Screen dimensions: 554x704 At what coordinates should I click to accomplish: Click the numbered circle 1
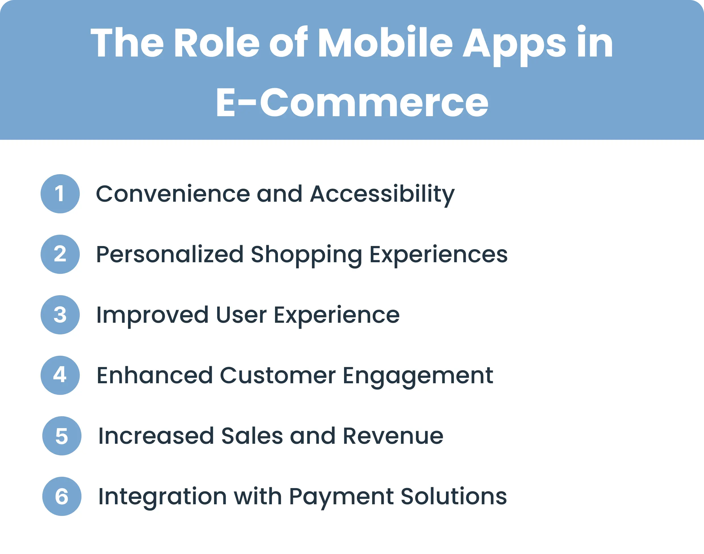tap(60, 194)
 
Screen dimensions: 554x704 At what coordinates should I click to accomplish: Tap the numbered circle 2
tap(60, 254)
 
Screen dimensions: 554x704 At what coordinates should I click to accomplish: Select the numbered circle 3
tap(60, 315)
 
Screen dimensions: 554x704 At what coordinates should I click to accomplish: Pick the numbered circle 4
tap(60, 375)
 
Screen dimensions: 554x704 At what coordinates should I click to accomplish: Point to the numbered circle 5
tap(62, 436)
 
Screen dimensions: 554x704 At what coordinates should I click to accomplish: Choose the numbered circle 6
tap(62, 496)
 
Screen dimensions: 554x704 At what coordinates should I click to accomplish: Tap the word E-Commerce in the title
tap(352, 103)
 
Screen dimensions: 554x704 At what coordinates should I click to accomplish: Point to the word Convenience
tap(173, 194)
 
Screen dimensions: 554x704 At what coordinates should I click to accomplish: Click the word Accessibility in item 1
tap(382, 194)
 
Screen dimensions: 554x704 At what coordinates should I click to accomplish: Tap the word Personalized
tap(169, 254)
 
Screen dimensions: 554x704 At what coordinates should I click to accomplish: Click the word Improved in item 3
tap(152, 315)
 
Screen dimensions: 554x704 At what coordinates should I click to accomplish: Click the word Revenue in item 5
tap(393, 436)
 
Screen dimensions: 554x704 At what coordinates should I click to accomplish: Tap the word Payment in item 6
tap(341, 497)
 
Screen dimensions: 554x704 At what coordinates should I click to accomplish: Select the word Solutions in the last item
tap(454, 497)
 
